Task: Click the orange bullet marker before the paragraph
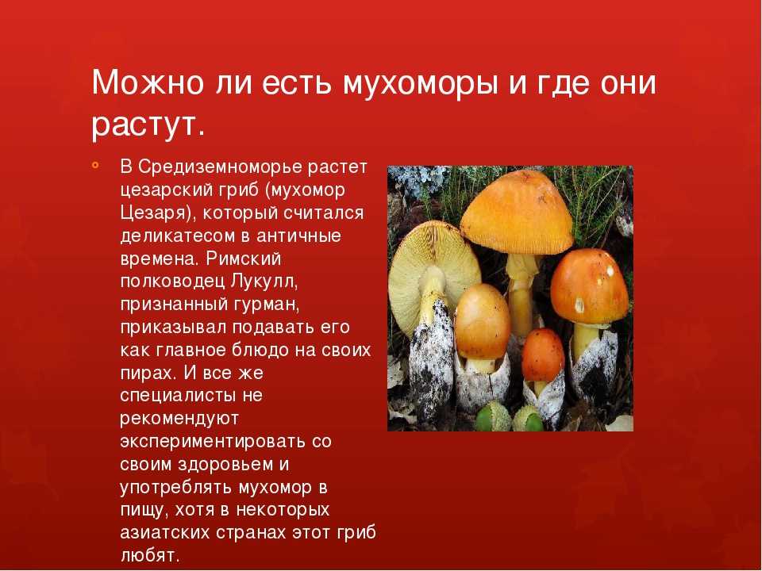pyautogui.click(x=94, y=166)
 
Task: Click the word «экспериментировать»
pyautogui.click(x=219, y=442)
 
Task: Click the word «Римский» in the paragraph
pyautogui.click(x=244, y=259)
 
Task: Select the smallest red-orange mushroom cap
pyautogui.click(x=542, y=355)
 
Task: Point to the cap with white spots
pyautogui.click(x=590, y=286)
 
